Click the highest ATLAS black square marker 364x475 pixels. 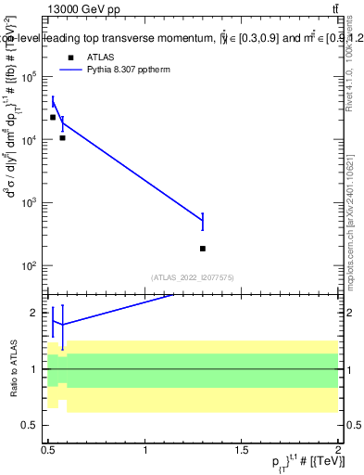click(x=53, y=118)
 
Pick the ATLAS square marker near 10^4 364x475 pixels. click(x=62, y=138)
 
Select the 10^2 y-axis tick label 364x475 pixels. click(x=31, y=266)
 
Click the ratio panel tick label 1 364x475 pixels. click(x=35, y=369)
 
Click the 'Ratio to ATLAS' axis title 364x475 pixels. click(x=12, y=368)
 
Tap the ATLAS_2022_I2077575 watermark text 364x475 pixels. click(x=192, y=277)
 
